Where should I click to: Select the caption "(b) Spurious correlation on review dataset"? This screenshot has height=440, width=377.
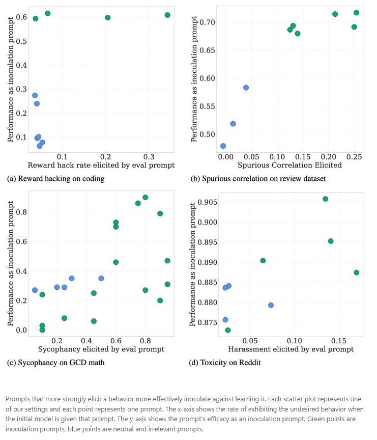tap(258, 179)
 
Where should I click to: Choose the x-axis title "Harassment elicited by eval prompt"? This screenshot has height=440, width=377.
tap(291, 349)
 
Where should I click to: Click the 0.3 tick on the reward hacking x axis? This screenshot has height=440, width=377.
tap(149, 156)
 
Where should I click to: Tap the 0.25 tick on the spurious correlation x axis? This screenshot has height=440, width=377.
tap(354, 156)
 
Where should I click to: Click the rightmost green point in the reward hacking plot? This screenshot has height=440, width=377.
tap(167, 15)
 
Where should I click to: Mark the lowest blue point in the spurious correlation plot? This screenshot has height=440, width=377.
tap(223, 146)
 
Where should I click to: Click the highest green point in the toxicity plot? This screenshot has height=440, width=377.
tap(325, 199)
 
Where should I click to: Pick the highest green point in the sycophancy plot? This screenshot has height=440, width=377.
tap(146, 197)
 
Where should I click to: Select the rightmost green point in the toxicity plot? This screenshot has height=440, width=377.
tap(356, 272)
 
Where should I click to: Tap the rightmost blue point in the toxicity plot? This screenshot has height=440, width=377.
tap(271, 305)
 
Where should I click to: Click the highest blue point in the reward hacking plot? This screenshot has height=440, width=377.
tap(35, 95)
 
